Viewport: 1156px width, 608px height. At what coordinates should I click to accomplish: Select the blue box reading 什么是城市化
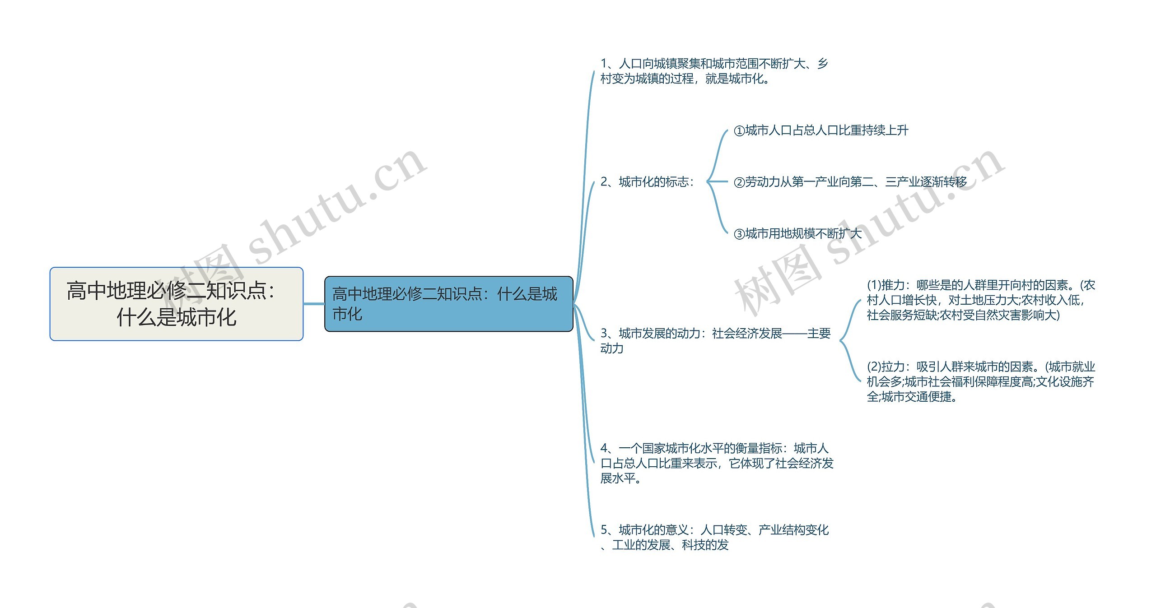[448, 304]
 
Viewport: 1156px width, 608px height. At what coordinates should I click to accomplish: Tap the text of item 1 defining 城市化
[713, 71]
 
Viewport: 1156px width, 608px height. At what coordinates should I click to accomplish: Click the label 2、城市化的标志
[647, 182]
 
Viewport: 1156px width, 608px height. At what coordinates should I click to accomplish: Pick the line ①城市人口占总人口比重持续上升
[821, 130]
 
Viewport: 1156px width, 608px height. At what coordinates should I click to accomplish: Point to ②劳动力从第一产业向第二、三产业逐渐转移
[850, 182]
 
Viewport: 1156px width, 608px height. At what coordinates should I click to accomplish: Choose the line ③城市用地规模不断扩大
[798, 234]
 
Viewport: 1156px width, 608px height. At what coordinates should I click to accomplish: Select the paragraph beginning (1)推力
[980, 300]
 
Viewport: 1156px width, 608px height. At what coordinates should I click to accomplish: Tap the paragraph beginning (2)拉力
[980, 381]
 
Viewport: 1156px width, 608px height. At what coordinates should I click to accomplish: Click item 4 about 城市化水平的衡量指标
[717, 463]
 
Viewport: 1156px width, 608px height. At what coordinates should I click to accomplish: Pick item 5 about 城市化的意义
[714, 537]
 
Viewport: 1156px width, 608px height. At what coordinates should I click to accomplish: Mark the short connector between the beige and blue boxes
[314, 304]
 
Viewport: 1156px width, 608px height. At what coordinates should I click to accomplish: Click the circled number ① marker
[739, 131]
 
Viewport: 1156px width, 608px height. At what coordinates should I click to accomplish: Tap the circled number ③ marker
[739, 234]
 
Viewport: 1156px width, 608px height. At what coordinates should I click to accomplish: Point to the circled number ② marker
[739, 182]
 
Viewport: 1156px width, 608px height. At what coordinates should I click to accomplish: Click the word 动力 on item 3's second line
[612, 348]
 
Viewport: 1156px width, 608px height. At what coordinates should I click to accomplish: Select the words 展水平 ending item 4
[618, 478]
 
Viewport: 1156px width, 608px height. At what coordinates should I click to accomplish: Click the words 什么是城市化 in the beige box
[176, 317]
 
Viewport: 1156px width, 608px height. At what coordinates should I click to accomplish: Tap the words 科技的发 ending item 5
[705, 545]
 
